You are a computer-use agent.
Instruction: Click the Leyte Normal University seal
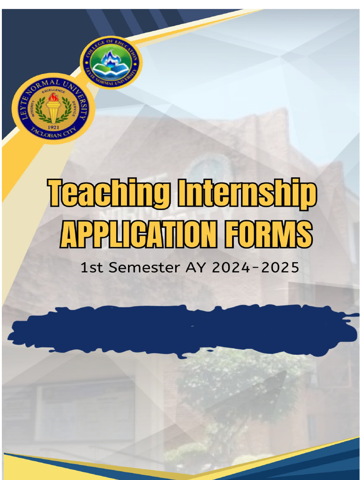(53, 108)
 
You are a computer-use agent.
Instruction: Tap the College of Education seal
(111, 62)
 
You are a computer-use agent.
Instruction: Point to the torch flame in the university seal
(53, 98)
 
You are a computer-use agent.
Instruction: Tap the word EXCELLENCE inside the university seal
(53, 90)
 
